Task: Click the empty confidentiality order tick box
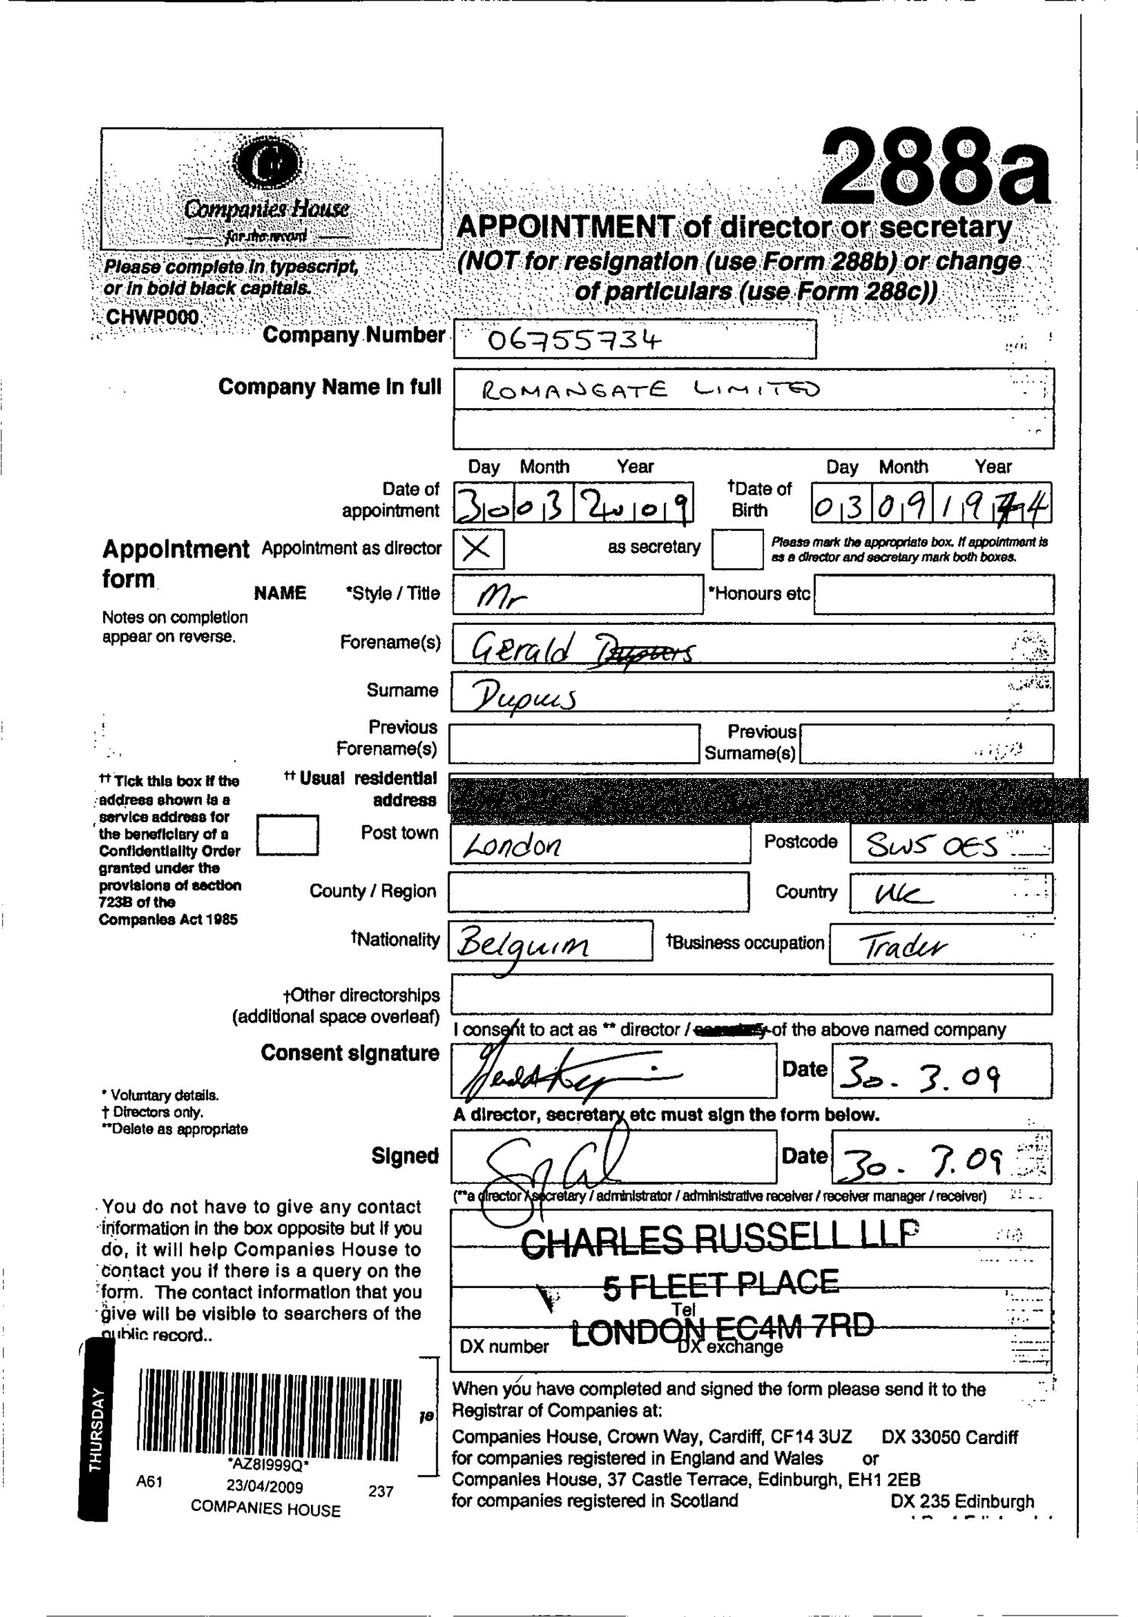click(x=287, y=834)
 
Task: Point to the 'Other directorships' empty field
click(x=750, y=994)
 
